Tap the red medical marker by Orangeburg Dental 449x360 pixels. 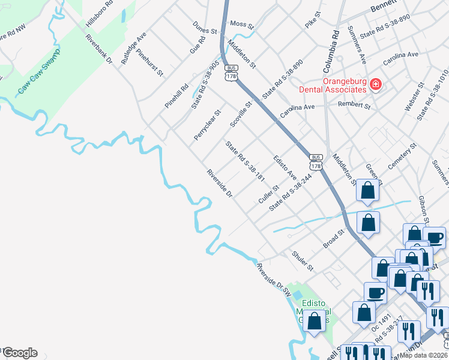coord(376,85)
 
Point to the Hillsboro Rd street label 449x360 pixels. coord(100,14)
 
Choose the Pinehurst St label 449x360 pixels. coord(150,62)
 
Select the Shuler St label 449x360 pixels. coord(303,260)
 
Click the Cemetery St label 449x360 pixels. coord(403,155)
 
